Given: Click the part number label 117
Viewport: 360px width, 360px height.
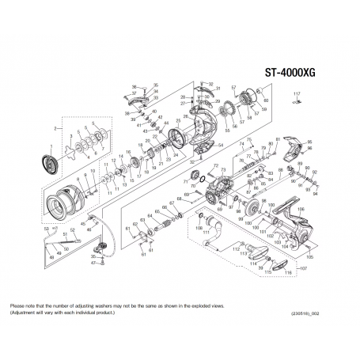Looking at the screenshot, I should pyautogui.click(x=297, y=95).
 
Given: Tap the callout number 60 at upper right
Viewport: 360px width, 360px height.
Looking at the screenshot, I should pyautogui.click(x=266, y=100).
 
